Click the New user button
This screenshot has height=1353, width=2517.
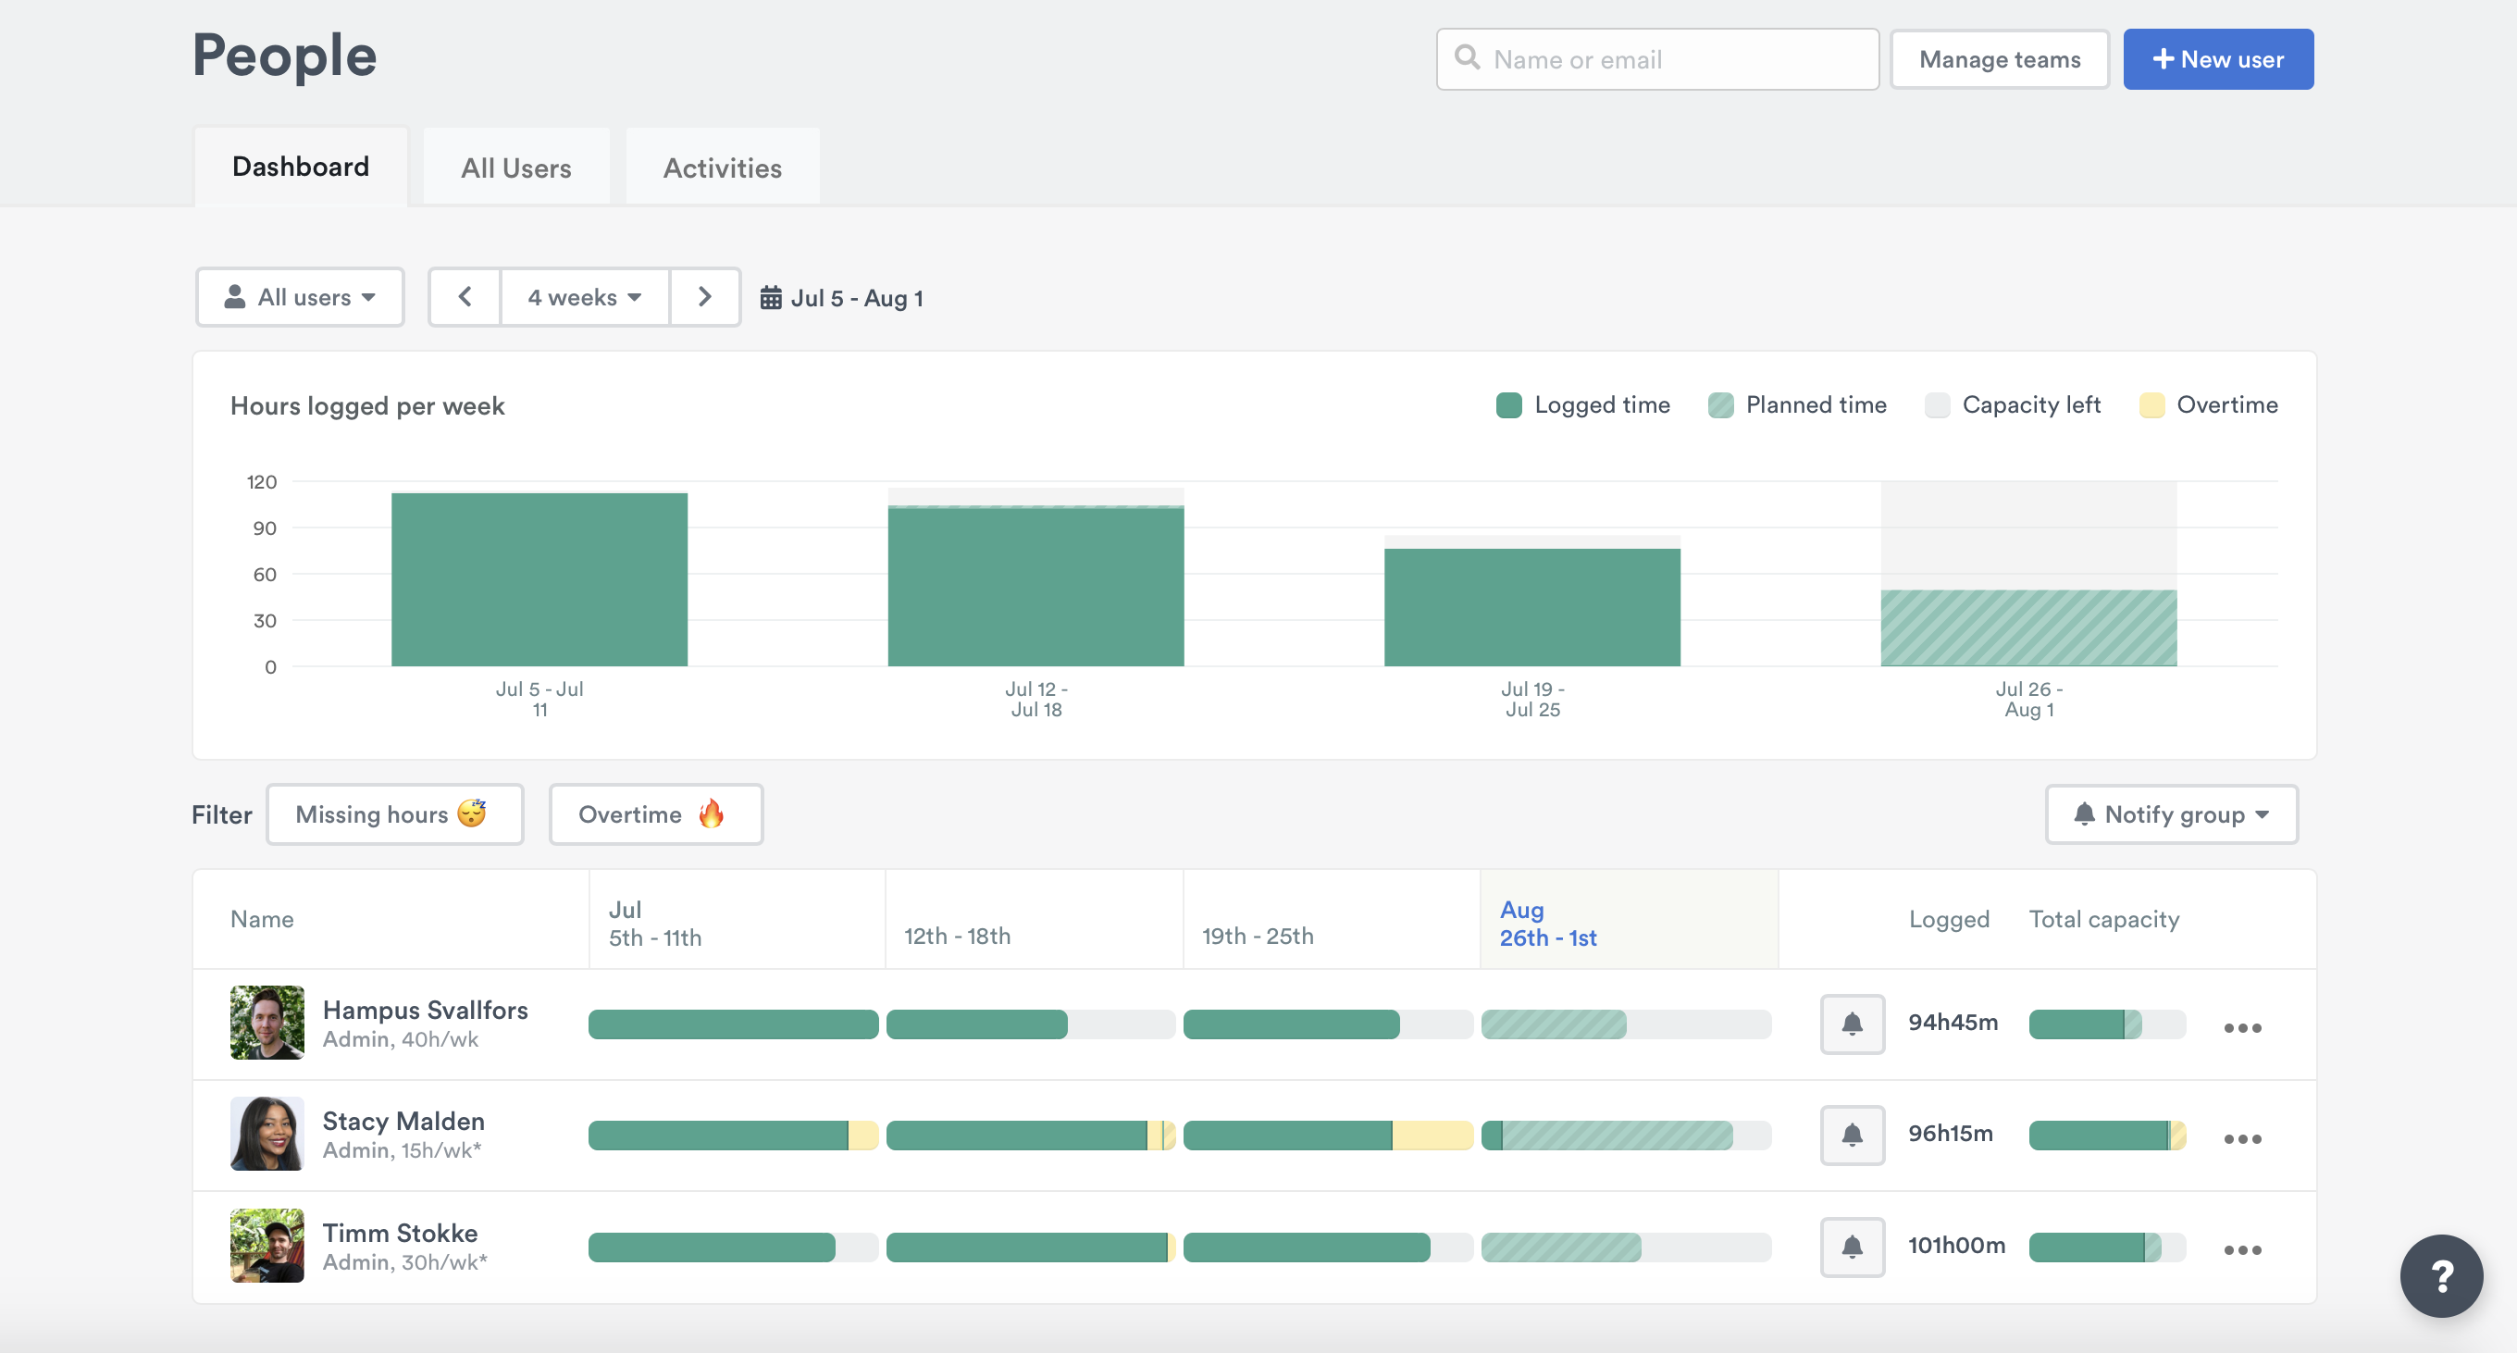click(2217, 59)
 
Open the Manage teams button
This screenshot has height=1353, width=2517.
click(1999, 59)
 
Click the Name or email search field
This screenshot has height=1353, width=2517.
click(1657, 59)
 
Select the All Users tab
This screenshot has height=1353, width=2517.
click(516, 168)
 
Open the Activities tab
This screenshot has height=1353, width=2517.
click(722, 168)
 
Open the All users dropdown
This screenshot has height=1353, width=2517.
click(300, 297)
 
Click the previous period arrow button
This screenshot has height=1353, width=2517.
click(465, 297)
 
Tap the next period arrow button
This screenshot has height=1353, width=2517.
click(704, 297)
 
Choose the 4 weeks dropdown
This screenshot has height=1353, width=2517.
click(584, 297)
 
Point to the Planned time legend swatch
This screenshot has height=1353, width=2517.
click(1720, 405)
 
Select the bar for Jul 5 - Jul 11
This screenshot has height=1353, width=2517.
click(539, 579)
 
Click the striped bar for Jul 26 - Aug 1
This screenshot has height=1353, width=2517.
click(2028, 628)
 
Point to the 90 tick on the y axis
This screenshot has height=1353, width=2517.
click(265, 528)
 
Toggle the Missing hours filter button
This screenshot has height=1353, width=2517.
click(395, 814)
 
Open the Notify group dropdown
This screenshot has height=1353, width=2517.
click(2171, 814)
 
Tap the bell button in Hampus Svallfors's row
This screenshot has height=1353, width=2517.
click(1852, 1024)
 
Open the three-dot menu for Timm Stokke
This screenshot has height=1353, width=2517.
click(2241, 1250)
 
